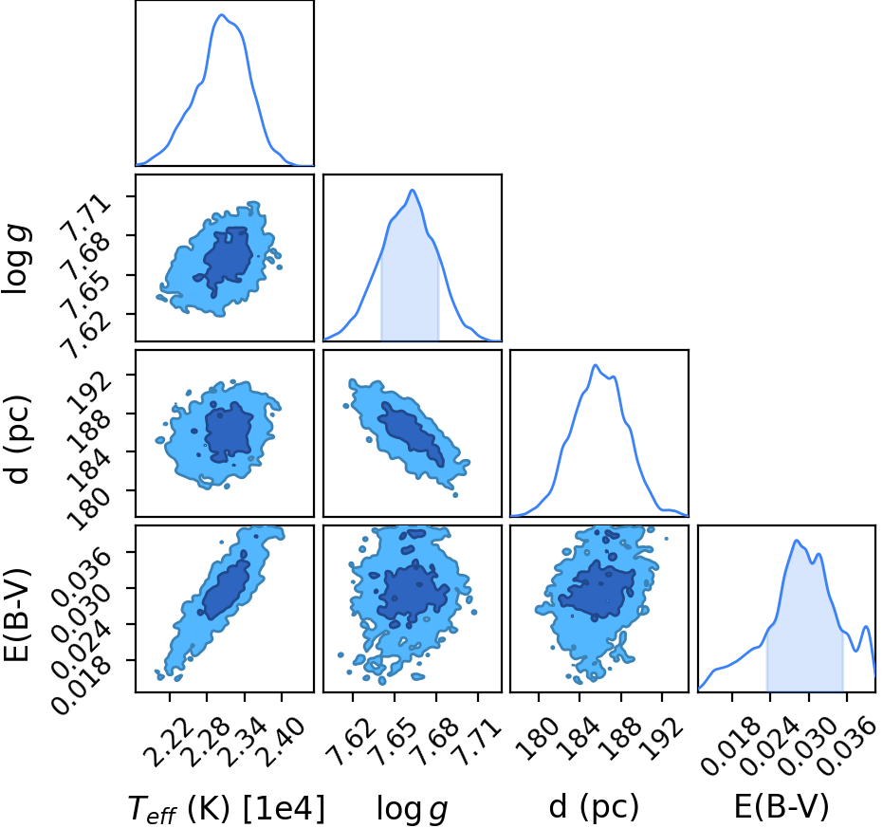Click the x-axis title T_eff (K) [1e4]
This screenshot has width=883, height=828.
[227, 809]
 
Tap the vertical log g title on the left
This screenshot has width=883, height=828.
[17, 258]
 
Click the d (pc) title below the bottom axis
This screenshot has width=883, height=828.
[594, 807]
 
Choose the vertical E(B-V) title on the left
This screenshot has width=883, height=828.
[17, 616]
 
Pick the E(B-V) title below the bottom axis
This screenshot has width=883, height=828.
[782, 806]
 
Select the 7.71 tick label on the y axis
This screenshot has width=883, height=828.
[85, 216]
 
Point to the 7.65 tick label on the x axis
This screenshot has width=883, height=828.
[395, 743]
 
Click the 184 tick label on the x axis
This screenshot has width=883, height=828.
[580, 738]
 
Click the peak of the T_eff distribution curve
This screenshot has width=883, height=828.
[221, 14]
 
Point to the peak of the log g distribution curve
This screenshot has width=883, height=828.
[413, 190]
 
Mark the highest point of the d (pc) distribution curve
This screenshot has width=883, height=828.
[596, 365]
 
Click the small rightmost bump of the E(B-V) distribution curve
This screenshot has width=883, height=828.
[867, 627]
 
